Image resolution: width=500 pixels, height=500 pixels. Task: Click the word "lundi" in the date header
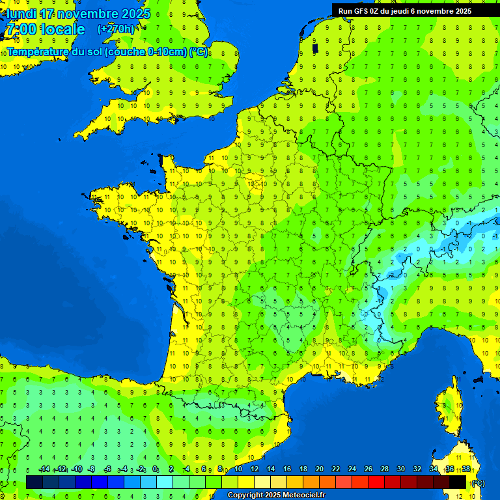tap(21, 14)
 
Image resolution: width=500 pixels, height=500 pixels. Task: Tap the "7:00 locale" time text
tap(45, 29)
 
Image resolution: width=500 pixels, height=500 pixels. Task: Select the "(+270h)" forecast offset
tap(116, 29)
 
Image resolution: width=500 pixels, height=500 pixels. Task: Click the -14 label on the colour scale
tap(44, 469)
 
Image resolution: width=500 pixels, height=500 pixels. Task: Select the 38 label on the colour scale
tap(466, 469)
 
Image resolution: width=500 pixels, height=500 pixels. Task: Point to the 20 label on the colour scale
tap(320, 469)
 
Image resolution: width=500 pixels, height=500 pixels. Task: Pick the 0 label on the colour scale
tap(155, 469)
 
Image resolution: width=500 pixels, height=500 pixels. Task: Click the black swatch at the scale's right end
tap(458, 482)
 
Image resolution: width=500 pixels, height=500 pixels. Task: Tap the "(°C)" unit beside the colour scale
tap(478, 482)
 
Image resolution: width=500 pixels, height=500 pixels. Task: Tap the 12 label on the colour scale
tap(255, 469)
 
